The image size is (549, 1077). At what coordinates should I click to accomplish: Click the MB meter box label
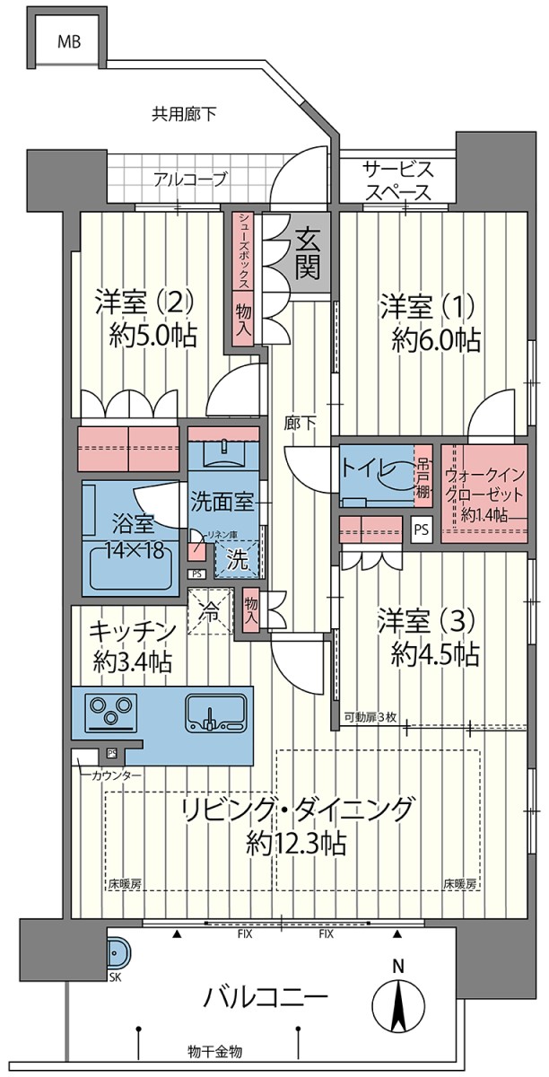point(69,42)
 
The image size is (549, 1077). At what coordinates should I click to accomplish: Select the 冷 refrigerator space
point(210,611)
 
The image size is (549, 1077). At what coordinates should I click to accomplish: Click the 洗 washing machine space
point(237,559)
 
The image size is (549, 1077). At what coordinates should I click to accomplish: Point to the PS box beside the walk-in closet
point(421,530)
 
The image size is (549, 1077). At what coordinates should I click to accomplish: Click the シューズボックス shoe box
point(244,251)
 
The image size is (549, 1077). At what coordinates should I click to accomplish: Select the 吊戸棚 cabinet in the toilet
point(423,477)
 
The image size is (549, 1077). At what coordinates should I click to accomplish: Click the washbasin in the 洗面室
point(224,454)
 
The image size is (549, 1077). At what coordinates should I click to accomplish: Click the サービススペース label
point(398,180)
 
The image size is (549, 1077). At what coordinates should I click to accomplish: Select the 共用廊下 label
point(184,114)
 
